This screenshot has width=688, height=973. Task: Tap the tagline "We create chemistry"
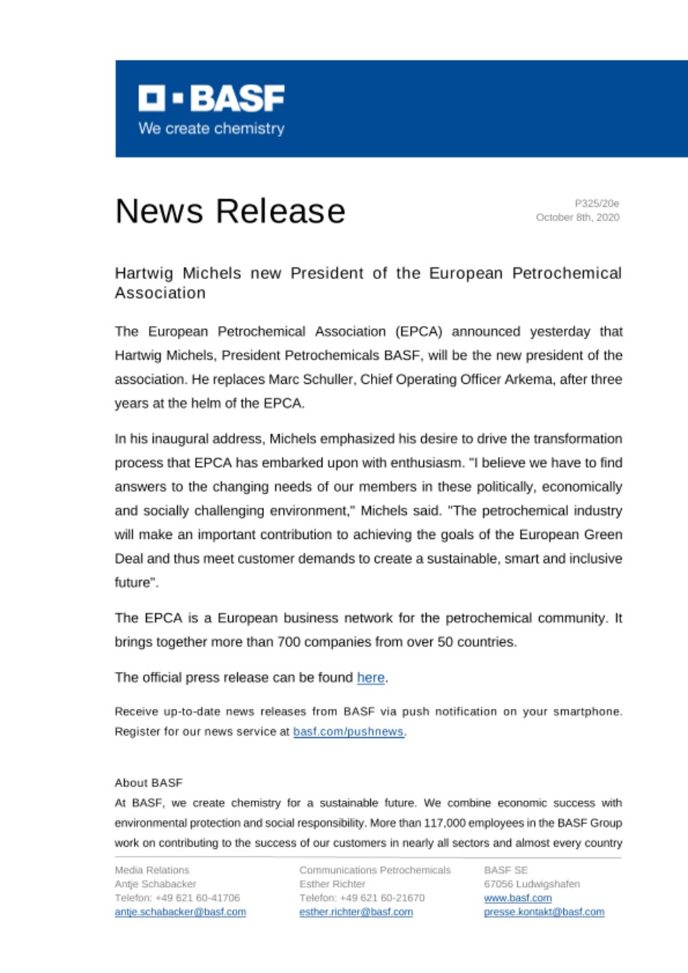(211, 128)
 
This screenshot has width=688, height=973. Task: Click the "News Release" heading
(230, 211)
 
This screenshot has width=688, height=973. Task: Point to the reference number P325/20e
(597, 204)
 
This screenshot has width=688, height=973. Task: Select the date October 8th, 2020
(578, 217)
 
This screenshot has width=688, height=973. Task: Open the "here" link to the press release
(370, 677)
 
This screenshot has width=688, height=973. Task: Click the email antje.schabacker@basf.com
(180, 911)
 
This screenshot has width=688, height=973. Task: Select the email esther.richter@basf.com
(357, 911)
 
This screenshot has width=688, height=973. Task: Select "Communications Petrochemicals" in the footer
(376, 870)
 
